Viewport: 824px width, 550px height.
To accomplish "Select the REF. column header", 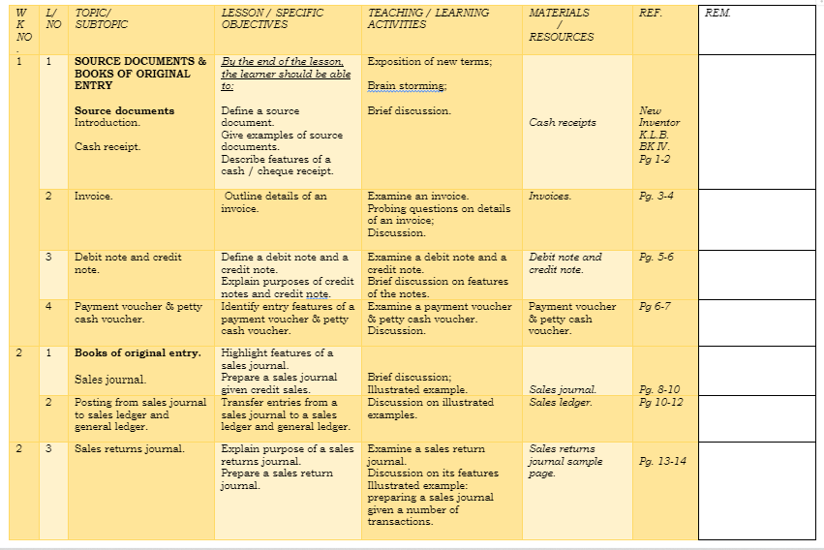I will coord(651,14).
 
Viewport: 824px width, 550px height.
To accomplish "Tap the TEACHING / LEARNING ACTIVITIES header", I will coord(428,18).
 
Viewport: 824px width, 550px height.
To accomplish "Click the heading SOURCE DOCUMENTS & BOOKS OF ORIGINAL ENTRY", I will coord(140,73).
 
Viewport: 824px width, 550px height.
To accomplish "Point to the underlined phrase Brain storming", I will coord(407,86).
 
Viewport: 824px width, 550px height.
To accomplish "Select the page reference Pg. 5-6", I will coord(656,258).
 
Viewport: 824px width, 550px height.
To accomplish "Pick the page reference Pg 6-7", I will coord(655,307).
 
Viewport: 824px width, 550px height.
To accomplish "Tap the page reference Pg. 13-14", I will coord(662,462).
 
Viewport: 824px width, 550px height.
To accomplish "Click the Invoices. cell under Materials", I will coord(550,197).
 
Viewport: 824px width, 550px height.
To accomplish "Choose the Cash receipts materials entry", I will coord(563,123).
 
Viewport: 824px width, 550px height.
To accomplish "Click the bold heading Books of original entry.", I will coord(137,353).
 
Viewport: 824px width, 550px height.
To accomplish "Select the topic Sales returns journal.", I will coord(129,449).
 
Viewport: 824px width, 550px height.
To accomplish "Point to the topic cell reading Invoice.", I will coord(93,197).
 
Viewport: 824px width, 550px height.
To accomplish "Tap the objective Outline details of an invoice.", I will coord(276,202).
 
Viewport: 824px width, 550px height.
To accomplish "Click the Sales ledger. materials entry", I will coord(561,403).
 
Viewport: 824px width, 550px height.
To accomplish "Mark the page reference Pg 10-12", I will coord(660,403).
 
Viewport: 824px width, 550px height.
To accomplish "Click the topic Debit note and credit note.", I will coord(128,263).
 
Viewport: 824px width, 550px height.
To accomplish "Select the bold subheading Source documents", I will coord(124,111).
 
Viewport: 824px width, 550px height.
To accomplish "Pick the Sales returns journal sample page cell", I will coord(565,462).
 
